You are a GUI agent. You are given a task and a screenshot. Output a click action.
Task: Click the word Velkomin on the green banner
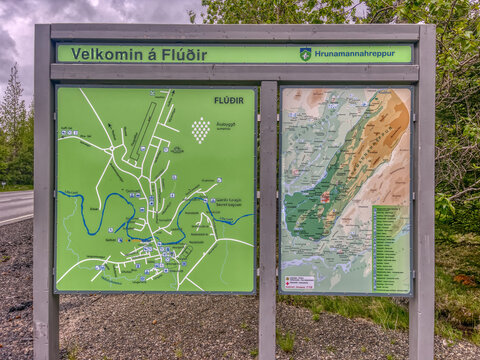click(102, 54)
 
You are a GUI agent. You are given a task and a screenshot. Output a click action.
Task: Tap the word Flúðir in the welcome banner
click(182, 54)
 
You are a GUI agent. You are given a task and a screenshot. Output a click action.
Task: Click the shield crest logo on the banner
click(305, 54)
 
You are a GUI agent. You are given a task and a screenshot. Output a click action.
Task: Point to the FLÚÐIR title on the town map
click(228, 100)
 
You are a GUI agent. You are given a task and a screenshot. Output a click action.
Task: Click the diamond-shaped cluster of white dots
click(201, 129)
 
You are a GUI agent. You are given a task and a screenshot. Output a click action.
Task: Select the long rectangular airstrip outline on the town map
click(144, 131)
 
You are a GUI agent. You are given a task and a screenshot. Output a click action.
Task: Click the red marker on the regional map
click(325, 198)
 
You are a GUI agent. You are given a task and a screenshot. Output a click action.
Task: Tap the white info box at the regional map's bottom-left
click(299, 282)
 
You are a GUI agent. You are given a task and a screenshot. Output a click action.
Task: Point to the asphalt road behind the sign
click(14, 206)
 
